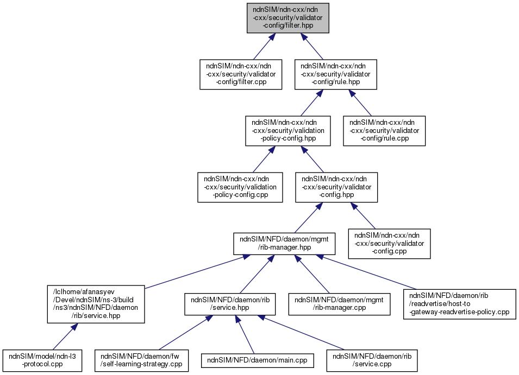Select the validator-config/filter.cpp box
click(x=241, y=74)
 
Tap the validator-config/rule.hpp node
click(x=336, y=74)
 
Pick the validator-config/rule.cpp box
click(x=384, y=130)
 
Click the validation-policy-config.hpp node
click(x=288, y=130)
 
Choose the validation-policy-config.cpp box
click(x=240, y=187)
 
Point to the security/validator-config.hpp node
click(x=336, y=187)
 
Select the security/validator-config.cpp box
click(x=390, y=243)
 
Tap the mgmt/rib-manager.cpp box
click(x=339, y=304)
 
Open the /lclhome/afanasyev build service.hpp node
click(x=96, y=304)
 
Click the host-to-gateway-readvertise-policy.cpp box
click(x=459, y=304)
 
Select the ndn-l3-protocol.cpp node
click(x=42, y=360)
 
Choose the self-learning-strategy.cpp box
click(x=142, y=360)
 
